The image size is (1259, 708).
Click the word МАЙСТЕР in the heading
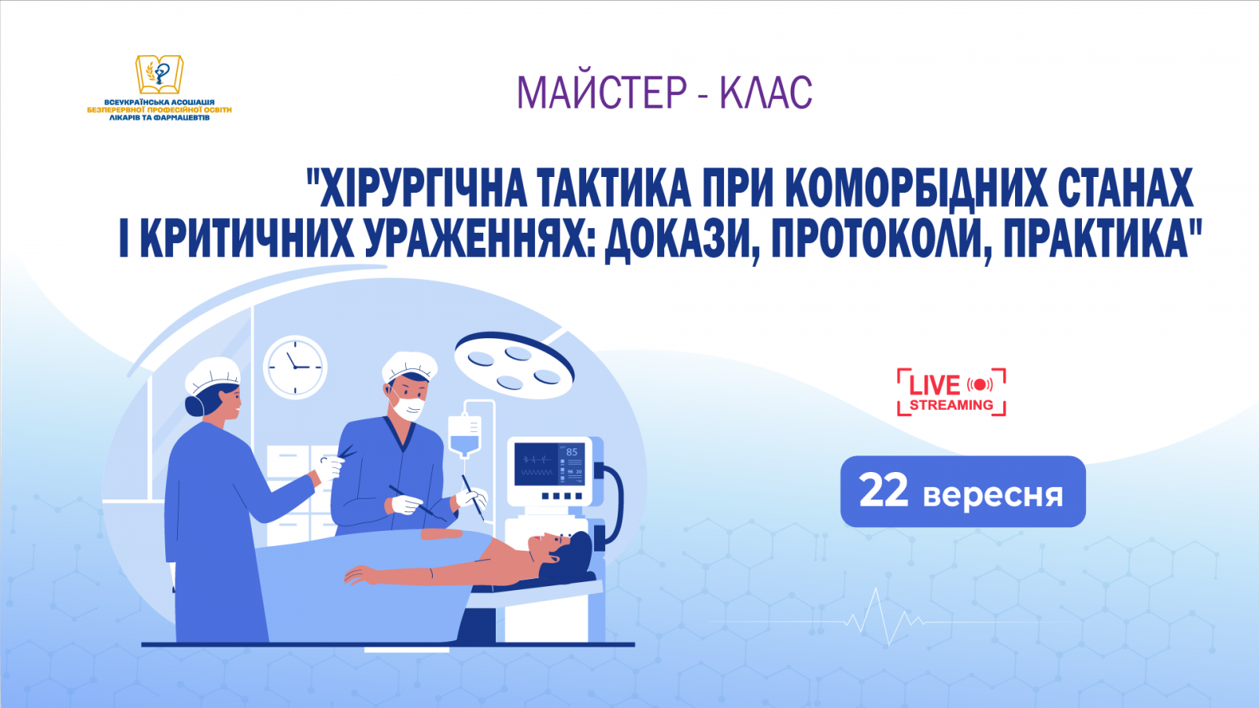[x=602, y=93]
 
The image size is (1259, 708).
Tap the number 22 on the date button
[x=884, y=491]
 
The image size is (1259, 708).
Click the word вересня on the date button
[x=993, y=495]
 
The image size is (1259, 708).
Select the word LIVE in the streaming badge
[x=934, y=385]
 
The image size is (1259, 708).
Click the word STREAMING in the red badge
[x=951, y=405]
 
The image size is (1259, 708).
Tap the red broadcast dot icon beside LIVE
[x=980, y=385]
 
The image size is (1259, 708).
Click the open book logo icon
[x=160, y=75]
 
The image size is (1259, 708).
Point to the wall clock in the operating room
[x=294, y=367]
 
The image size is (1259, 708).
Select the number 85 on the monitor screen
[x=571, y=452]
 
